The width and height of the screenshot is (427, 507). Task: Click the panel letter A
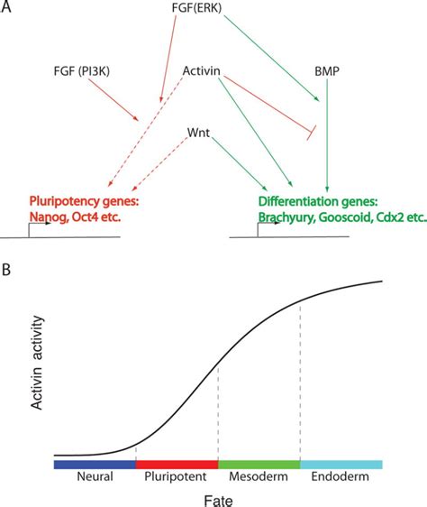click(8, 11)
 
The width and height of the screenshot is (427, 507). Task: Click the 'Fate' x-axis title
click(218, 498)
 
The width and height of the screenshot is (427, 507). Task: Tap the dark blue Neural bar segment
click(95, 464)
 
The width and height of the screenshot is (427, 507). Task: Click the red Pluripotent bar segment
click(177, 464)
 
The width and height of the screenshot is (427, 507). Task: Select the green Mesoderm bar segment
click(259, 464)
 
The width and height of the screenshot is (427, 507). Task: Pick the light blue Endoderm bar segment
click(341, 464)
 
